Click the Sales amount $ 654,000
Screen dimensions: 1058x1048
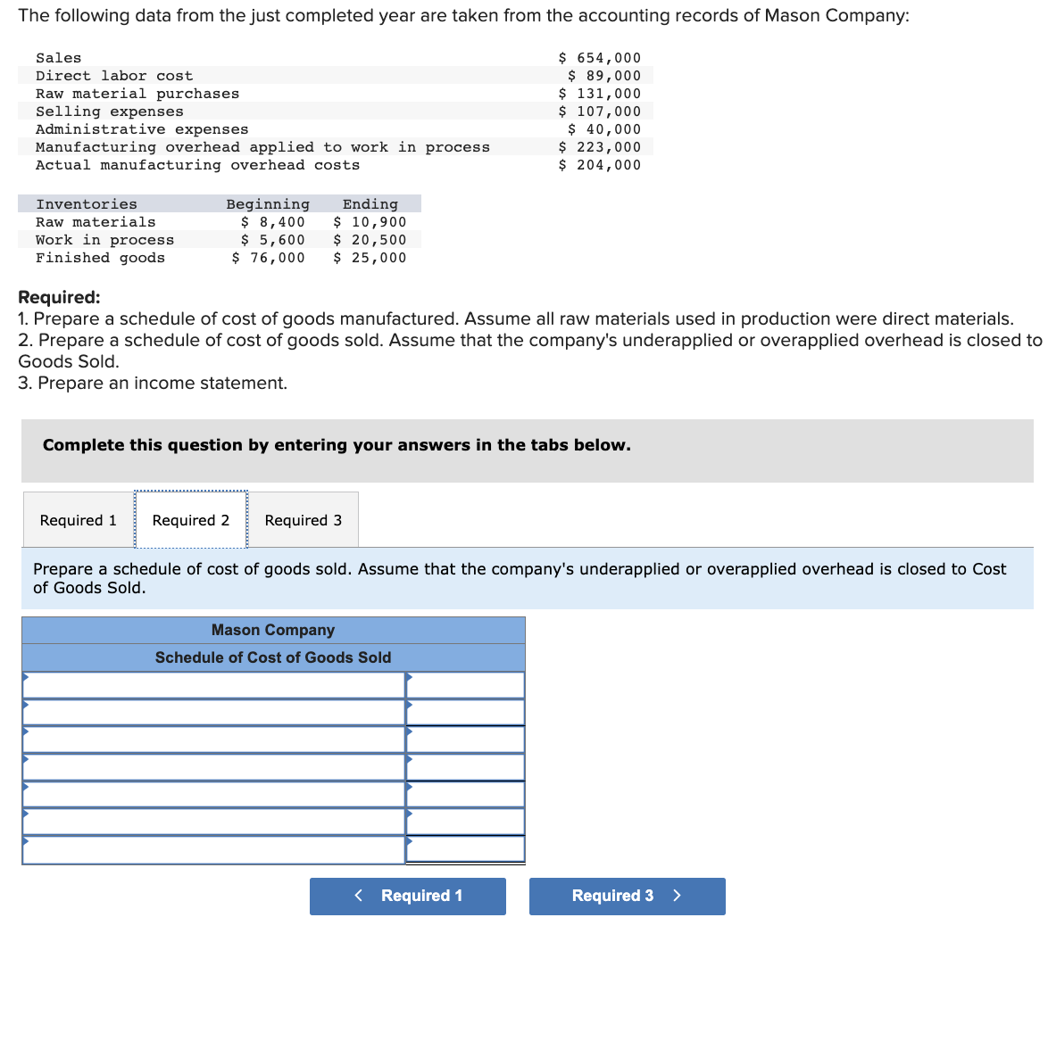pyautogui.click(x=599, y=58)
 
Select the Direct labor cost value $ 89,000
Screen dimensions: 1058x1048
pyautogui.click(x=603, y=76)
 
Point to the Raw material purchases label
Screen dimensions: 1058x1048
pyautogui.click(x=137, y=94)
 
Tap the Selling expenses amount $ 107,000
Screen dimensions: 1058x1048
pyautogui.click(x=599, y=112)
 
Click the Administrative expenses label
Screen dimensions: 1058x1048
pyautogui.click(x=142, y=129)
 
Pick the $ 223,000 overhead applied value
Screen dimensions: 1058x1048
pyautogui.click(x=599, y=147)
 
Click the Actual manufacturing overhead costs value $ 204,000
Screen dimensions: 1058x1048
pyautogui.click(x=599, y=165)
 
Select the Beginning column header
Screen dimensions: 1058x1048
pyautogui.click(x=268, y=204)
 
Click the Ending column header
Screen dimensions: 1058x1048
pyautogui.click(x=370, y=204)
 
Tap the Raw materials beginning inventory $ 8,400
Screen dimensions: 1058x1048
pyautogui.click(x=272, y=222)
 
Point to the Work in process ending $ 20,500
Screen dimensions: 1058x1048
pyautogui.click(x=370, y=240)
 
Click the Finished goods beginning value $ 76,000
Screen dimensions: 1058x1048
pyautogui.click(x=268, y=258)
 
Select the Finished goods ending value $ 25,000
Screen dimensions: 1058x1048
pyautogui.click(x=370, y=258)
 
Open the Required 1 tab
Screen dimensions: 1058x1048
pyautogui.click(x=79, y=520)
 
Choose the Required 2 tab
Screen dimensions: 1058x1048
pyautogui.click(x=191, y=520)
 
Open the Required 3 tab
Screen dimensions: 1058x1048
pyautogui.click(x=304, y=520)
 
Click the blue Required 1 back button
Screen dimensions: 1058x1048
pyautogui.click(x=408, y=896)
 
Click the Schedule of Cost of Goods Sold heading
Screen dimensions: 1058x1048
pyautogui.click(x=273, y=657)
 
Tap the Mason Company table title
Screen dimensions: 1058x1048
pyautogui.click(x=273, y=630)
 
